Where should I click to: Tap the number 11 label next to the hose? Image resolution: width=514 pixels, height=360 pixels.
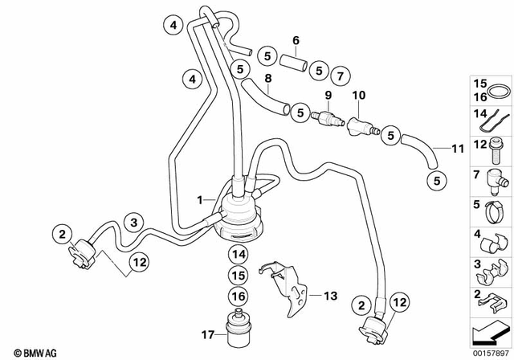[x=458, y=149]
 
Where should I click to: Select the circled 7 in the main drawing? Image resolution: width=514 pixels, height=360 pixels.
[x=341, y=76]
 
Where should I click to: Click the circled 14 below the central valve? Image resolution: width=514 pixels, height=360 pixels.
[x=237, y=255]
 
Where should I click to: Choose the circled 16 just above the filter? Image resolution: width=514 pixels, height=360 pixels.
[x=237, y=296]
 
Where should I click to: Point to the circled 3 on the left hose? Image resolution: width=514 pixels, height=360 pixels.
[x=134, y=221]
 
